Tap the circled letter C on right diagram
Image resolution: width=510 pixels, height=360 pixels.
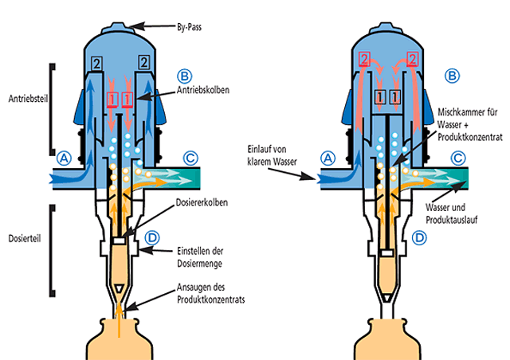pos(457,158)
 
